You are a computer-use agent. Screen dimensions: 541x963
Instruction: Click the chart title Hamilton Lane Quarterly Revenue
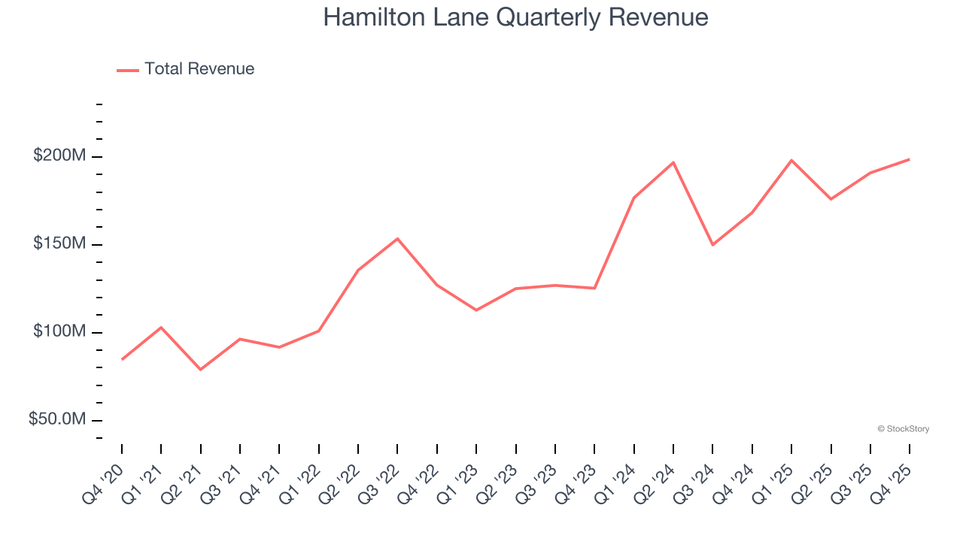click(x=515, y=17)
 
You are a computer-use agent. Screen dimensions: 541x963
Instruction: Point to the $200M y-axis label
click(x=59, y=156)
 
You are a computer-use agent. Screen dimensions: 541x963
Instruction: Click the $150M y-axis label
click(x=59, y=244)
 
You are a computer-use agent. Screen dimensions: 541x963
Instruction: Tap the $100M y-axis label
click(x=59, y=332)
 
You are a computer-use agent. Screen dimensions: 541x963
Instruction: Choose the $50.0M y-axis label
click(x=57, y=419)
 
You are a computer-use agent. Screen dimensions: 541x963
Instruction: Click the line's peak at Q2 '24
click(x=673, y=162)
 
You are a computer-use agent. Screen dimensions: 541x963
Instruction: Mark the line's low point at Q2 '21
click(x=201, y=370)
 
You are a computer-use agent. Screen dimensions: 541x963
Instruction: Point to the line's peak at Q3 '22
click(x=397, y=239)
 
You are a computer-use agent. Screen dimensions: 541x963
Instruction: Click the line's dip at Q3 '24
click(x=712, y=245)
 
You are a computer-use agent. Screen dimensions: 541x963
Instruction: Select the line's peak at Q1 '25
click(x=791, y=160)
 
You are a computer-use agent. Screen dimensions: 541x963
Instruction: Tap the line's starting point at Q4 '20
click(x=122, y=359)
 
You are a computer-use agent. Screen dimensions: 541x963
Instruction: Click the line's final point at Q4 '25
click(x=909, y=159)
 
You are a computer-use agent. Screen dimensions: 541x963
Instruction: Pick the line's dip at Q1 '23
click(x=476, y=310)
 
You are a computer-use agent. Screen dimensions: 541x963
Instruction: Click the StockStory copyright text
click(x=903, y=429)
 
